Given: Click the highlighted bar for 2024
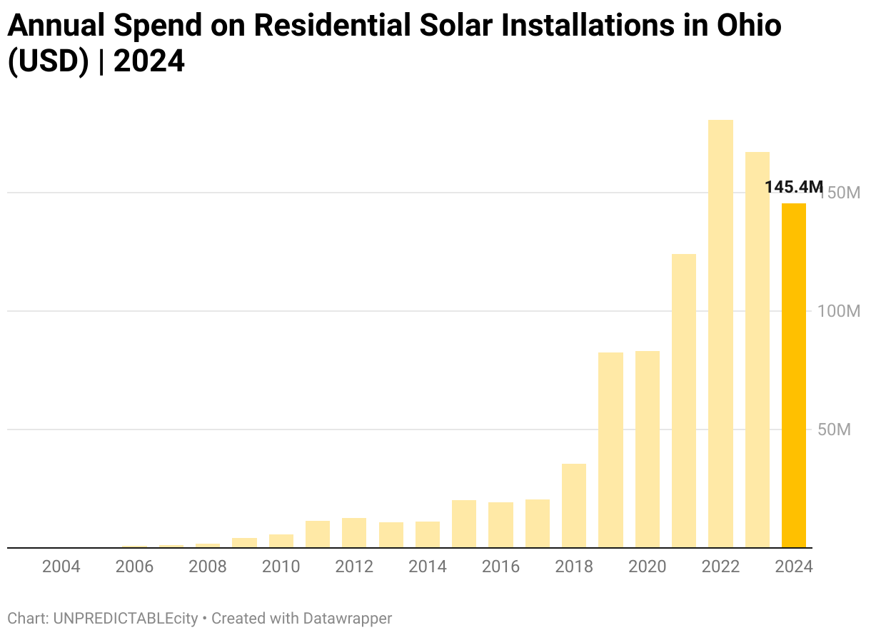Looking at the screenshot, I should pyautogui.click(x=794, y=375).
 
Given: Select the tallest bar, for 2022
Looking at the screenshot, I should pyautogui.click(x=720, y=334).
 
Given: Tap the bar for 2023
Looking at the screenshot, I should pyautogui.click(x=757, y=350).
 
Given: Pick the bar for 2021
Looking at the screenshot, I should pyautogui.click(x=684, y=401).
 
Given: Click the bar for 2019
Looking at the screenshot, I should pyautogui.click(x=610, y=450).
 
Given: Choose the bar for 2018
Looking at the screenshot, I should pyautogui.click(x=574, y=506).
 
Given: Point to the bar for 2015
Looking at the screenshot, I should pyautogui.click(x=464, y=524).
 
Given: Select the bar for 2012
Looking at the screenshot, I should pyautogui.click(x=354, y=533).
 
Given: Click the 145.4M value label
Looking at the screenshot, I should pyautogui.click(x=793, y=188).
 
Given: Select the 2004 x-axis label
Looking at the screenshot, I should pyautogui.click(x=61, y=567).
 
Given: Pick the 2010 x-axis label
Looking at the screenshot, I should pyautogui.click(x=281, y=567).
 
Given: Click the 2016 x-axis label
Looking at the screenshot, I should pyautogui.click(x=500, y=567).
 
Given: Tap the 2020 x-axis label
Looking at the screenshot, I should pyautogui.click(x=647, y=567).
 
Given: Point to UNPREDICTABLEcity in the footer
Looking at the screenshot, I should pyautogui.click(x=125, y=619).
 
